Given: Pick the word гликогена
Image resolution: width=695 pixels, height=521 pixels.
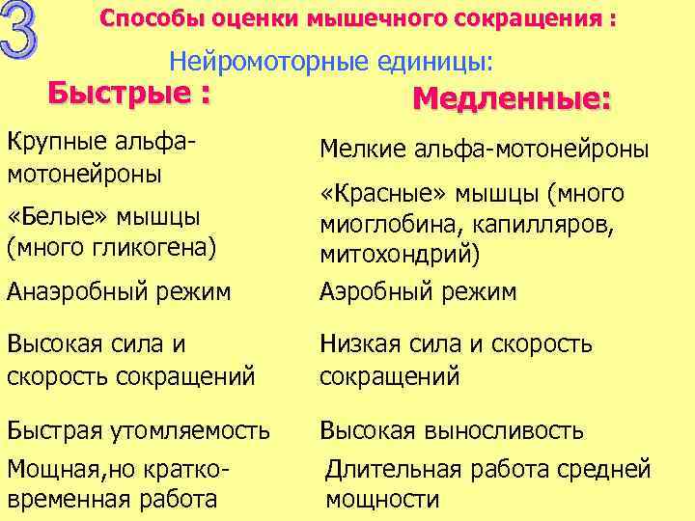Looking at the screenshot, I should pyautogui.click(x=156, y=247).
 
